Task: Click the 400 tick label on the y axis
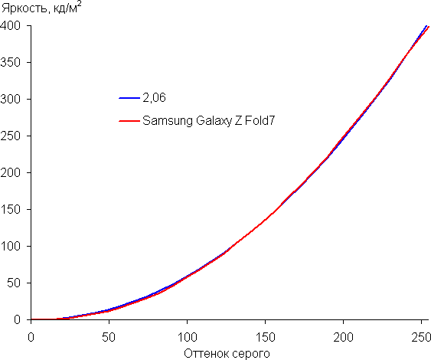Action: [x=11, y=26]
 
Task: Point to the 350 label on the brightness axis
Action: [x=11, y=63]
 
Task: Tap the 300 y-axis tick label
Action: [x=11, y=100]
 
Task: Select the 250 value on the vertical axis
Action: [x=11, y=136]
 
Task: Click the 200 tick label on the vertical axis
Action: [x=11, y=172]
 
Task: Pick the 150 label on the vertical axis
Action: [x=11, y=210]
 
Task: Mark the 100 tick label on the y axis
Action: [x=11, y=246]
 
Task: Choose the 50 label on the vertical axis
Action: [x=14, y=283]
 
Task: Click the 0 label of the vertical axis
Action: [x=18, y=320]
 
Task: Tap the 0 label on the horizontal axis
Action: [x=31, y=338]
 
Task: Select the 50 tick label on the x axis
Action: [x=109, y=338]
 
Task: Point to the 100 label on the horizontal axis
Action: [x=188, y=338]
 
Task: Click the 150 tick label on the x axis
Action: [x=265, y=338]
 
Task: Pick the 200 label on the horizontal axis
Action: [x=343, y=338]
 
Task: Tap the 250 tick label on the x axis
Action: [x=421, y=338]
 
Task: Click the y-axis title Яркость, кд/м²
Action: [x=41, y=8]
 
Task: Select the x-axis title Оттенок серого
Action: [x=227, y=354]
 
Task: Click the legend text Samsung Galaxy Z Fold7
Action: [x=209, y=121]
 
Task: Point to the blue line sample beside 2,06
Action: [x=129, y=98]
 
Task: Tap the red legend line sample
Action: [x=129, y=121]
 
